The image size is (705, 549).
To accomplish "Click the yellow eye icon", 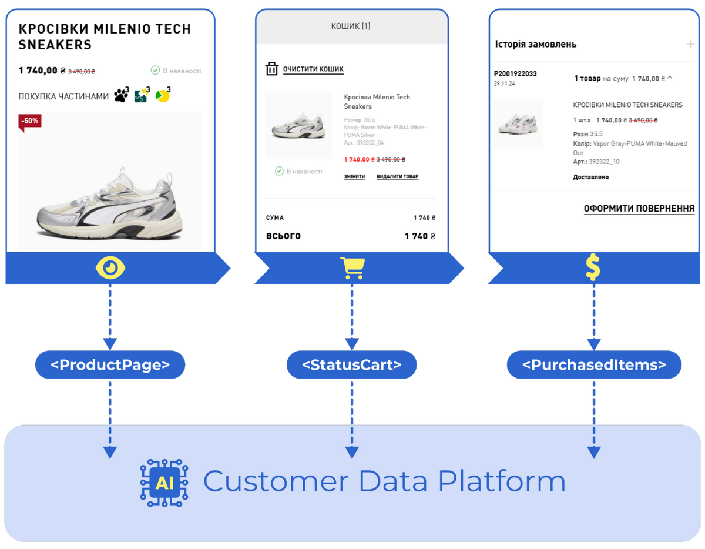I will coord(110,269).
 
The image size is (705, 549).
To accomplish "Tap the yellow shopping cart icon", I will coord(352,268).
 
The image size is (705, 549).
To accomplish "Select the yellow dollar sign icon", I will coord(593,269).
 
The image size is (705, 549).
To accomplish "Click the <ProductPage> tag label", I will coord(110,365).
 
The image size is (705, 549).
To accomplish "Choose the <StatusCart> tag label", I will coord(351,365).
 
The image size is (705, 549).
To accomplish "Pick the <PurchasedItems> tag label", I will coord(594,365).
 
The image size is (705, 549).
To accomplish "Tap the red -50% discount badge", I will coord(29,121).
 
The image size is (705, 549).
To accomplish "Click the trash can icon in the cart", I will coord(271,69).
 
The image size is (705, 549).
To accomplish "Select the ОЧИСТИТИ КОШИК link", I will coord(313,69).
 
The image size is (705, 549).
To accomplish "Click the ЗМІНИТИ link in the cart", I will coord(354,176).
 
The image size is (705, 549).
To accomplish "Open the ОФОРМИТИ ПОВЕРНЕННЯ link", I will coord(639,209).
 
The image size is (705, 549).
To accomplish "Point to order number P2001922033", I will coord(515,74).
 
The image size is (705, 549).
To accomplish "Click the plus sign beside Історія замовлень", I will coord(690,44).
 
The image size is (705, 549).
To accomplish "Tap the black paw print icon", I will coord(121,96).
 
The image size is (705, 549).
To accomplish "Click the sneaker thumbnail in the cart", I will coord(298,126).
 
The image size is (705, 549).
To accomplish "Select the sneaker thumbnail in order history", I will coord(518,123).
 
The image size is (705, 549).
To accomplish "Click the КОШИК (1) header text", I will coord(350,26).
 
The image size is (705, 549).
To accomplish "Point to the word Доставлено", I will coord(590,177).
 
